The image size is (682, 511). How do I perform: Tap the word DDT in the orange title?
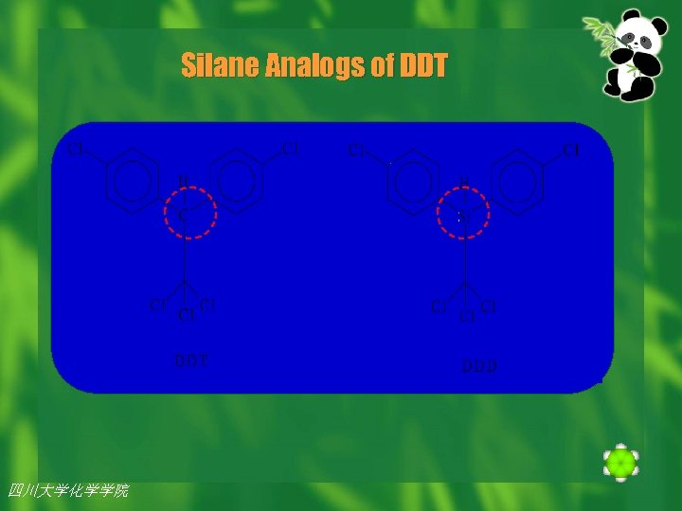422,66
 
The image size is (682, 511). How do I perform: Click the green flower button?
620,463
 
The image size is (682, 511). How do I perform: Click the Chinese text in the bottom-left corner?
68,490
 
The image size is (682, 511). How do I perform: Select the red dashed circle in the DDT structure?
186,214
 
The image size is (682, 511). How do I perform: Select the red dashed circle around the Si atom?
464,215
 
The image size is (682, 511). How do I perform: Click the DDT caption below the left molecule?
191,361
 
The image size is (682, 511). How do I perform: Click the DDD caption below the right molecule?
479,365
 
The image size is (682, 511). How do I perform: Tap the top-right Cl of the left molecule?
291,148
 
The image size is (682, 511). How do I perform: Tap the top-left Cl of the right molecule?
356,150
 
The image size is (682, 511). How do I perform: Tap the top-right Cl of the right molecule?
572,150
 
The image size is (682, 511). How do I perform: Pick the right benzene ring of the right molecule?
518,183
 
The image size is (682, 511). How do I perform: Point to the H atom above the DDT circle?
183,182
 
